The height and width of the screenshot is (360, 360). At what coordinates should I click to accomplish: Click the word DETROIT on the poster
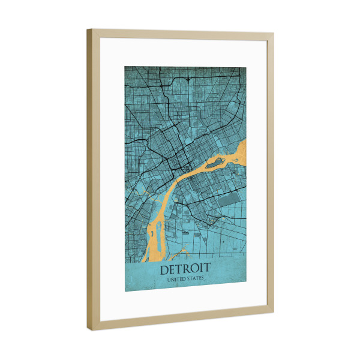tap(185, 270)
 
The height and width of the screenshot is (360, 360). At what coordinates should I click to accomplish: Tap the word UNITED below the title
tap(175, 280)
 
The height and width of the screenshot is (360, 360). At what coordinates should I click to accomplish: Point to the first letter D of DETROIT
tap(164, 270)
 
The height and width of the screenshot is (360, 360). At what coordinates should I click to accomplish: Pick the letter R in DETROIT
tap(187, 270)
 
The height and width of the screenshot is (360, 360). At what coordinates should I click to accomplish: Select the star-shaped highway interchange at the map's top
tap(188, 79)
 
